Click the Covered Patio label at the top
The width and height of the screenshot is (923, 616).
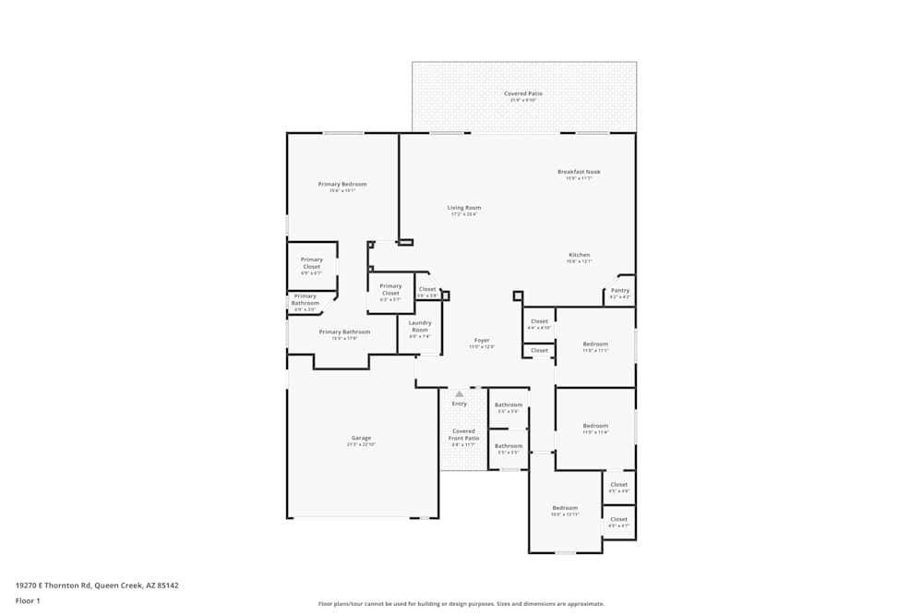[x=523, y=94]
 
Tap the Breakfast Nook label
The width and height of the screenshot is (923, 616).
[x=579, y=172]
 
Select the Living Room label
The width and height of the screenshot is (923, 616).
[x=463, y=208]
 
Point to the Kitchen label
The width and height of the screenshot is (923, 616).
[x=579, y=255]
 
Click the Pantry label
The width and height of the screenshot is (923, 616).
[x=619, y=291]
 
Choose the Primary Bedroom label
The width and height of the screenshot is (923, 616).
[x=342, y=184]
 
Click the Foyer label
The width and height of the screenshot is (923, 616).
[x=482, y=340]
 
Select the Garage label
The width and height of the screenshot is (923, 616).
[x=361, y=439]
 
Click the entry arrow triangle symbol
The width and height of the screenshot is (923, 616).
[x=459, y=394]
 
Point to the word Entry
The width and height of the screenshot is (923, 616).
[x=459, y=404]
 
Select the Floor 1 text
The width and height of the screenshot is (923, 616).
[x=28, y=600]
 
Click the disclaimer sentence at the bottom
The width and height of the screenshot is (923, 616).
[x=461, y=604]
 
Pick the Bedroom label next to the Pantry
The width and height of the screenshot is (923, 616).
[x=595, y=344]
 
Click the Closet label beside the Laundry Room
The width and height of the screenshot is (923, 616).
[x=427, y=290]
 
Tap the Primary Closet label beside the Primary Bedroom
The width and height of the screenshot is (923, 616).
[x=311, y=263]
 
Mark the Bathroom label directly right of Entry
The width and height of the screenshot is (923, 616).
[x=509, y=405]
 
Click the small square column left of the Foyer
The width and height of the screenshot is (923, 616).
[x=445, y=296]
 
